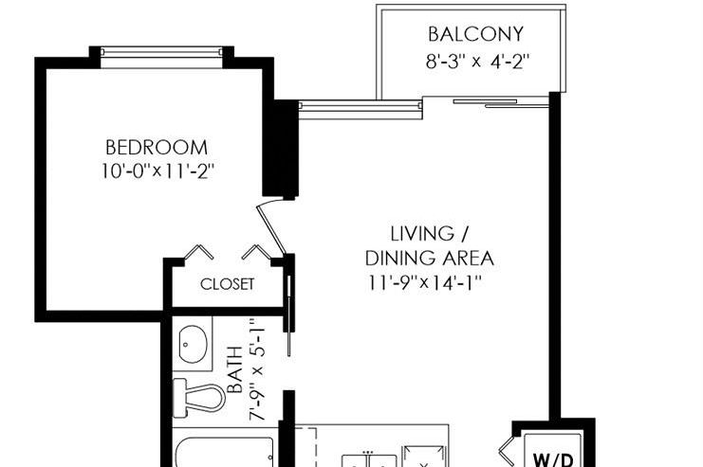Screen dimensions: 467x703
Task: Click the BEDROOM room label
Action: [x=157, y=148]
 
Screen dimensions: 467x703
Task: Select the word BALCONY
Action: [x=475, y=35]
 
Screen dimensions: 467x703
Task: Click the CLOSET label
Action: [x=227, y=284]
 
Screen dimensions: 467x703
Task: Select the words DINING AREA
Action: [x=430, y=258]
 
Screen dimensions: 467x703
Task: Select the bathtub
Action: [x=224, y=449]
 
